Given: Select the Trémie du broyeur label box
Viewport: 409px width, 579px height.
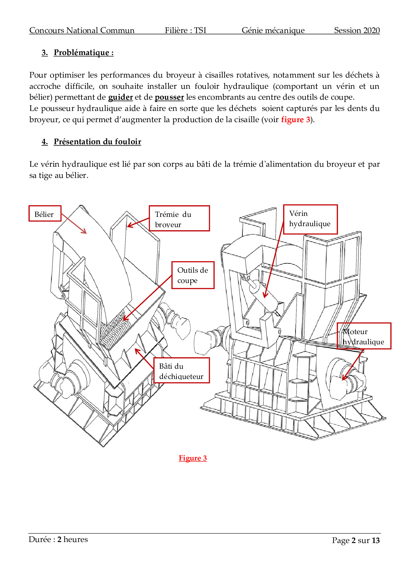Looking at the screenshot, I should point(179,219).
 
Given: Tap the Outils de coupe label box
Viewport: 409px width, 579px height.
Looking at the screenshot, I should point(193,275).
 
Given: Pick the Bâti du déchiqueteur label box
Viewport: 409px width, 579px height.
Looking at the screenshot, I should point(181,370).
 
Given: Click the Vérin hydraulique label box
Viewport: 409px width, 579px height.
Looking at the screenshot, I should point(310,219).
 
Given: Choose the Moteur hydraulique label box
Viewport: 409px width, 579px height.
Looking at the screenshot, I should point(364,336).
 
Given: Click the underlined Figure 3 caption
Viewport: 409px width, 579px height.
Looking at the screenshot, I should point(193,458).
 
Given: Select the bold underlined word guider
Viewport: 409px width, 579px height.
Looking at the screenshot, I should point(120,97).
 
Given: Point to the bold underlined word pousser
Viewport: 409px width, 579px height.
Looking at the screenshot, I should point(169,97).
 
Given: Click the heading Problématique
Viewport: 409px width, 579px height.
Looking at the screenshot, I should point(83,53).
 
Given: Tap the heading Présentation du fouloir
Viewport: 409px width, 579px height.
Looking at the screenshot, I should point(97,142).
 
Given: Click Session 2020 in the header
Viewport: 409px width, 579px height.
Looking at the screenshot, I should point(357,30).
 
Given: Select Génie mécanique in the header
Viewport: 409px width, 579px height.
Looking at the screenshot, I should point(273,30).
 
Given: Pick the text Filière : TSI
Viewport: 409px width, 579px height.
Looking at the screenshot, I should point(185,30).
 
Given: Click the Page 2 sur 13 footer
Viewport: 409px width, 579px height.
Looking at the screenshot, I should point(356,540).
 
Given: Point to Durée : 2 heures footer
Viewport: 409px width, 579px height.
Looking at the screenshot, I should point(58,539).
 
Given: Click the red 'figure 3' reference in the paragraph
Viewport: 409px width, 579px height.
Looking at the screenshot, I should point(296,119).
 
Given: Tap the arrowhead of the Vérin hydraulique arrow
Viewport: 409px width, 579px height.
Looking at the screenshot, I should point(265,297).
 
